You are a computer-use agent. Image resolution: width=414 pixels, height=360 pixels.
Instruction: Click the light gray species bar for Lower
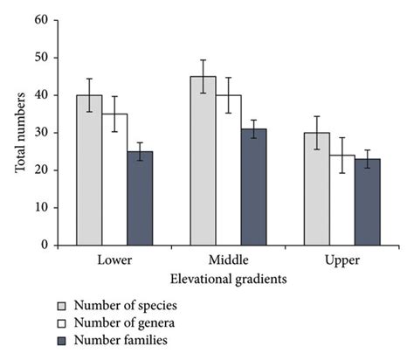click(89, 170)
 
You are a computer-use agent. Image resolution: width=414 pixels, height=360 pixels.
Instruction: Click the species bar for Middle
click(204, 161)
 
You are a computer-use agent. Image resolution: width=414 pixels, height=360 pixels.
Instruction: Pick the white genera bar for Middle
click(229, 170)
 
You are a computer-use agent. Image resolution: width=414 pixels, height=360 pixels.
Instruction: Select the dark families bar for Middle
click(254, 187)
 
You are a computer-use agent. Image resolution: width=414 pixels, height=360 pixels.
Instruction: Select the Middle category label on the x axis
click(229, 261)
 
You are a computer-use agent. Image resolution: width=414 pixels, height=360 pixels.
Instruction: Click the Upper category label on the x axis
click(342, 261)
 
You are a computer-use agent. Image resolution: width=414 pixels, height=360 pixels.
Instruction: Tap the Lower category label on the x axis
click(114, 261)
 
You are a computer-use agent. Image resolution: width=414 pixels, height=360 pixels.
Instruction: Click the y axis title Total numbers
click(20, 131)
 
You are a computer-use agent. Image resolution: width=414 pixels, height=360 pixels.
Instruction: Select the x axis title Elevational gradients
click(228, 278)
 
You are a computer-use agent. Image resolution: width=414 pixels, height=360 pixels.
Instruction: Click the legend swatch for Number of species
click(62, 306)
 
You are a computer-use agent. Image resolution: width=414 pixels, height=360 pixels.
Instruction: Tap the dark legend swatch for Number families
click(62, 339)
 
